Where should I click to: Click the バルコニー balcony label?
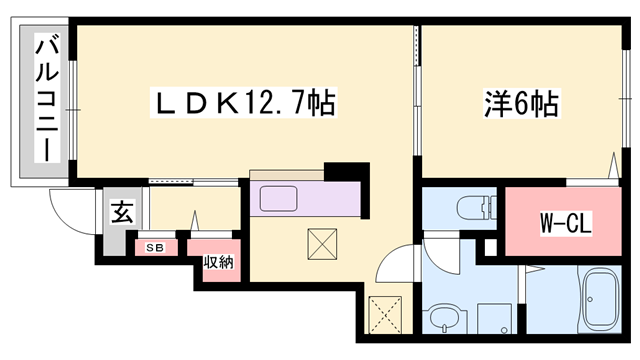point(46,100)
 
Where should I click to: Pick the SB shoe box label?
point(155,246)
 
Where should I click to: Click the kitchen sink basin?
point(286,198)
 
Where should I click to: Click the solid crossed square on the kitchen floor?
point(322,242)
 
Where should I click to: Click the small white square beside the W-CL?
point(489,245)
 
